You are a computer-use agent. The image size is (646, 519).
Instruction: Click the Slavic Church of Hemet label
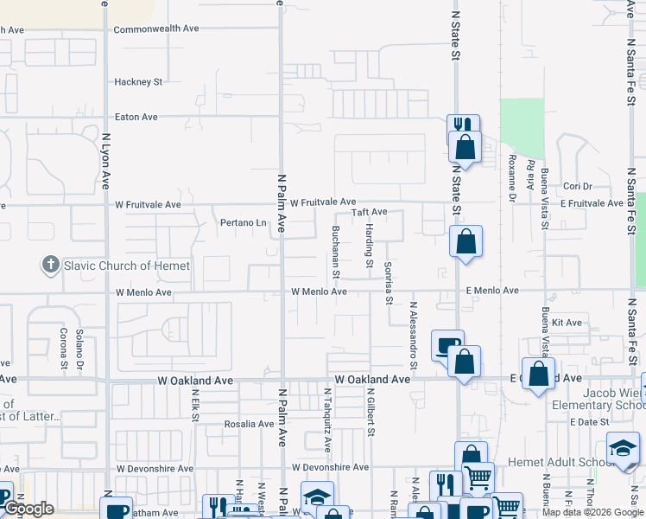point(126,266)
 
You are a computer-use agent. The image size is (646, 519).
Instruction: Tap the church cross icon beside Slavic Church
point(52,264)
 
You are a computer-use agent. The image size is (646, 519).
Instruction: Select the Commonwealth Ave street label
point(156,29)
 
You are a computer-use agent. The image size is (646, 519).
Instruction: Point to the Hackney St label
point(138,82)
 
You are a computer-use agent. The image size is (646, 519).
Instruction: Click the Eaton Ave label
point(136,117)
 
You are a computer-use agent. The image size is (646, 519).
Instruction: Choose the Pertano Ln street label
point(244,223)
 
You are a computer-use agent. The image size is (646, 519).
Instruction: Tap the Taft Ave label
point(369,212)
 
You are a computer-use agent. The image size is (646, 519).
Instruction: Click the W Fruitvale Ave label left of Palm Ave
point(149,205)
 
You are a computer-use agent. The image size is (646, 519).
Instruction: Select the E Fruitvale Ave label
point(591,203)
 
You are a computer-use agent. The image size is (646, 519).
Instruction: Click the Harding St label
point(369,245)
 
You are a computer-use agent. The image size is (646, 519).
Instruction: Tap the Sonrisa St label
point(389,284)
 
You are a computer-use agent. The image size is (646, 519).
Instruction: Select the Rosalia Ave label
point(250,424)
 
